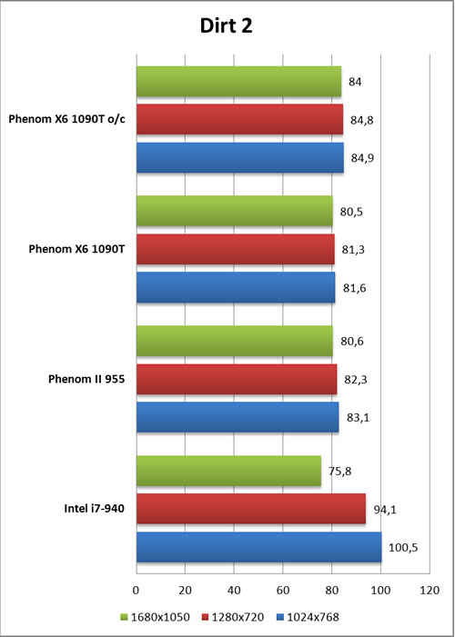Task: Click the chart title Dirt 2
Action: tap(227, 25)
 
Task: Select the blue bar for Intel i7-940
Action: tap(259, 547)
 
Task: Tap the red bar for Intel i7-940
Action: tap(251, 509)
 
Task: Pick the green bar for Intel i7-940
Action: tap(228, 471)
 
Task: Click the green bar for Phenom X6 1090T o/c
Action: tap(239, 82)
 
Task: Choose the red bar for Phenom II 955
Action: tap(237, 379)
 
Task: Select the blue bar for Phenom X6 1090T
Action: tap(236, 288)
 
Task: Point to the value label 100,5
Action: tap(403, 548)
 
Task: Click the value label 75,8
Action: tap(340, 472)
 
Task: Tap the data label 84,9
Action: tap(362, 158)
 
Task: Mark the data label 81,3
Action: tap(353, 249)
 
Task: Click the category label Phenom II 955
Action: tap(86, 379)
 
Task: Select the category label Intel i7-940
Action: tap(94, 508)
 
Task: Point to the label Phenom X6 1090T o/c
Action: tap(67, 119)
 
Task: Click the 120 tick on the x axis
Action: tap(430, 590)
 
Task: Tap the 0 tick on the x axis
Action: tap(136, 590)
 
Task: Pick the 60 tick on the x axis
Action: tap(283, 590)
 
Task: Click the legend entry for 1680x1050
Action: tap(156, 618)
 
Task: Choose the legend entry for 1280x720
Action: tap(233, 618)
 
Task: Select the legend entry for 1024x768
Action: tap(308, 618)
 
